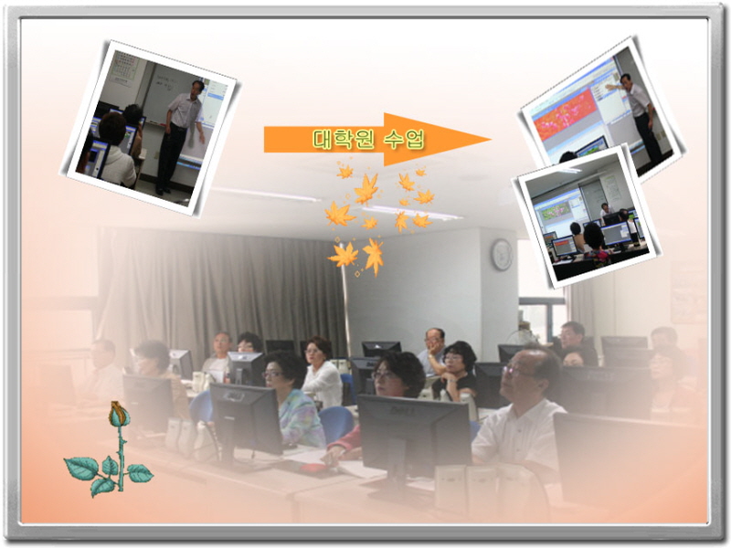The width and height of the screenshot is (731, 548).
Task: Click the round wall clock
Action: point(502,255)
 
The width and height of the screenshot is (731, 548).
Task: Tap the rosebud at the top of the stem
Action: point(119,415)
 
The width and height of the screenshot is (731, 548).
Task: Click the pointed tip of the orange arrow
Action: point(491,139)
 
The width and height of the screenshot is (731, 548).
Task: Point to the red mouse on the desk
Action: point(313,469)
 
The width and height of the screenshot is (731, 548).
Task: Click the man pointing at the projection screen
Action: point(638,114)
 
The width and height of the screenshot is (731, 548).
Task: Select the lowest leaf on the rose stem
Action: point(101,486)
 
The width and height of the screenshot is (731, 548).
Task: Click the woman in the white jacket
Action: point(323,373)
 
